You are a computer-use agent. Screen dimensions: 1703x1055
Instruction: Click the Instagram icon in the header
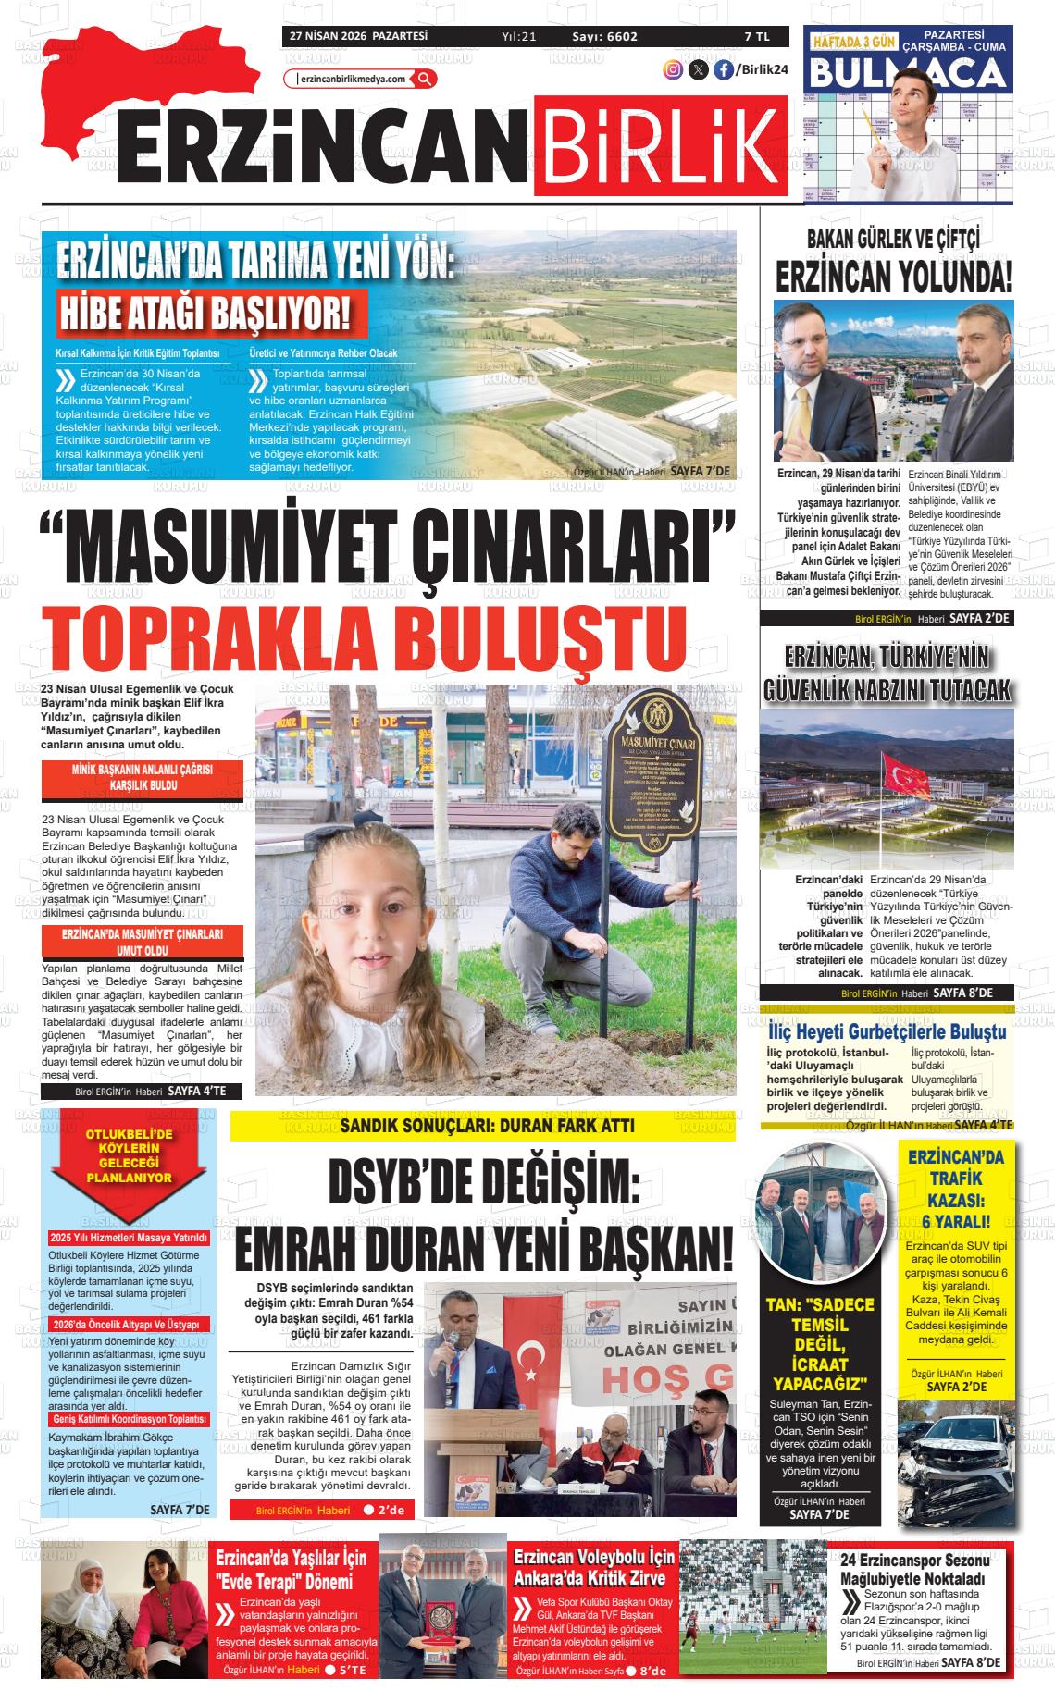tap(673, 69)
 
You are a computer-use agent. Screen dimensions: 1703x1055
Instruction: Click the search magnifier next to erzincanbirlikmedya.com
tap(425, 79)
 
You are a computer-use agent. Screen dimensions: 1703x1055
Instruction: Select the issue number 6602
tap(618, 36)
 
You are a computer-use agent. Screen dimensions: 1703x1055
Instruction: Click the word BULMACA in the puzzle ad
tap(908, 73)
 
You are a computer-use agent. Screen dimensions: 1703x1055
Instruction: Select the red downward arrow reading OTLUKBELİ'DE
tap(129, 1167)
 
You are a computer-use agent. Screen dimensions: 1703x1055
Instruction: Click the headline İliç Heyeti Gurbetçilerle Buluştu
tap(887, 1031)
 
